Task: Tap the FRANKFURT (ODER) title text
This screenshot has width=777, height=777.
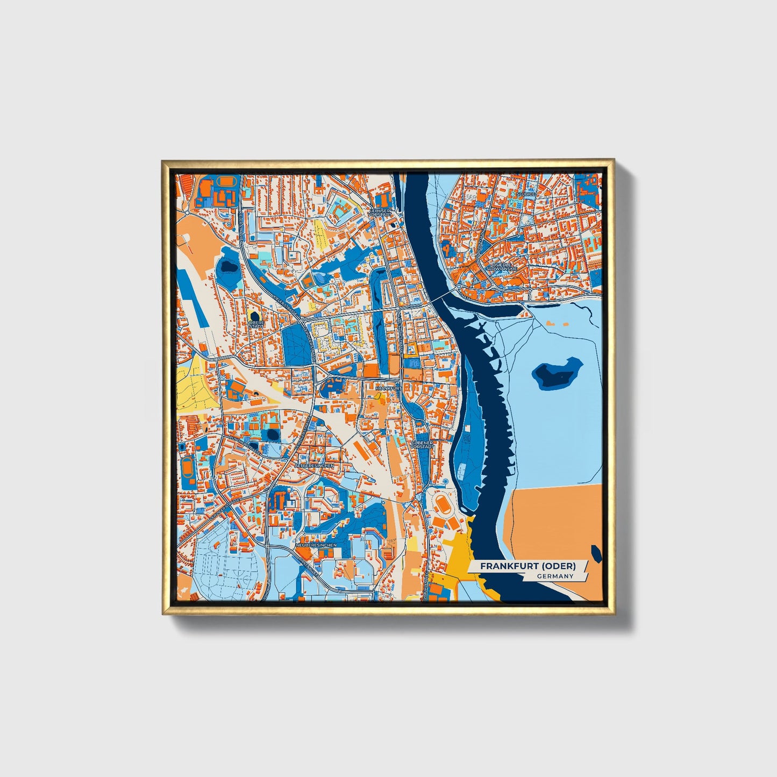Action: pyautogui.click(x=527, y=566)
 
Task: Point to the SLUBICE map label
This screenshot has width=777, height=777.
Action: pyautogui.click(x=525, y=193)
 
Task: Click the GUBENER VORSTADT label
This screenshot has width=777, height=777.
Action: pyautogui.click(x=422, y=445)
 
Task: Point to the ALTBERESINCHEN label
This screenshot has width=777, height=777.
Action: pyautogui.click(x=315, y=465)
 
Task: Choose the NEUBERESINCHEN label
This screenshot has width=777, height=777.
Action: pyautogui.click(x=317, y=545)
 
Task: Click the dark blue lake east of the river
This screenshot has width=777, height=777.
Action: pyautogui.click(x=557, y=372)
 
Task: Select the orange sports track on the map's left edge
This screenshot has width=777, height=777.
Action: pyautogui.click(x=187, y=468)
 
